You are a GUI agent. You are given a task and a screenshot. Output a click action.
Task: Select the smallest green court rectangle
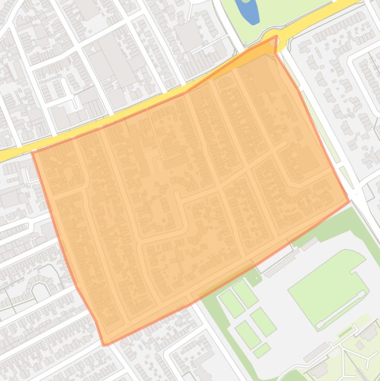262,350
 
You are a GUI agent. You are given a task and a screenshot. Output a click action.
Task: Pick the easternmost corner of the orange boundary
349,201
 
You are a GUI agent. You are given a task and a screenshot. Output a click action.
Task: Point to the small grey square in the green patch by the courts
255,279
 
